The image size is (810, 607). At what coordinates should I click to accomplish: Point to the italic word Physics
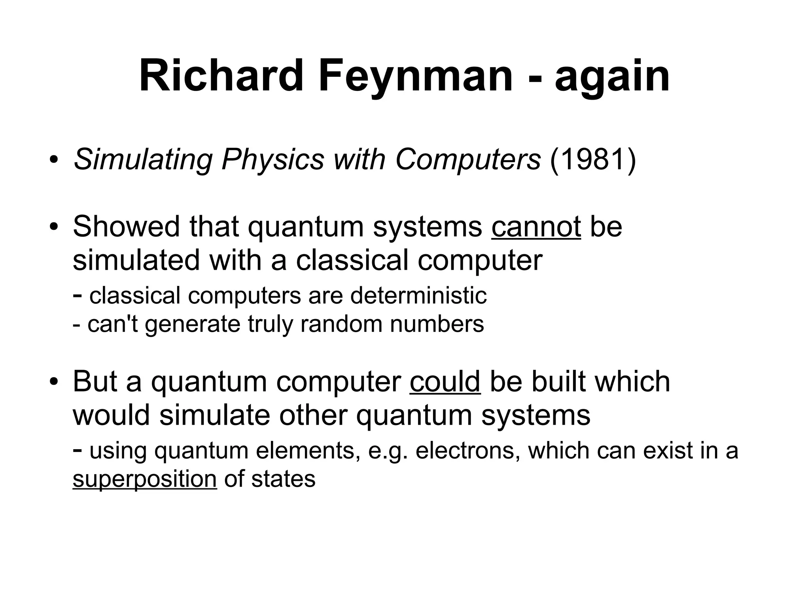click(273, 161)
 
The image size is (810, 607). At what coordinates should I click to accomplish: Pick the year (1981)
click(593, 160)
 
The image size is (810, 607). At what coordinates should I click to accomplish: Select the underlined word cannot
click(536, 227)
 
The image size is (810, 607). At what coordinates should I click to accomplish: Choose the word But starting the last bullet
click(95, 382)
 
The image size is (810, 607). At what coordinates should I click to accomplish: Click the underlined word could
click(445, 382)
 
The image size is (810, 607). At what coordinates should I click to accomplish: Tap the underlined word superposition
click(145, 480)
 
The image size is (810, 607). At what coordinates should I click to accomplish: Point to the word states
click(283, 479)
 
